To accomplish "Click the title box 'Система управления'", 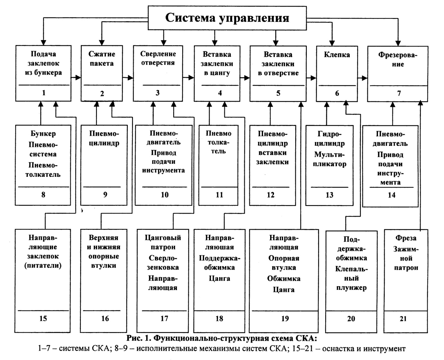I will point(227,18).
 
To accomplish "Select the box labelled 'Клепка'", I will point(337,73).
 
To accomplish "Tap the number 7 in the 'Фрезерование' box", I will point(399,93).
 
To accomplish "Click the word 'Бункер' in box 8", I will point(43,134).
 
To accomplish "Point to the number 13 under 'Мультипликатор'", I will point(329,195).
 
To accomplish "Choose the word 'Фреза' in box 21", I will point(406,238).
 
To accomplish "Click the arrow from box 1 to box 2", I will point(76,77).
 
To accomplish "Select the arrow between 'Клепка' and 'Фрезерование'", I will point(363,78).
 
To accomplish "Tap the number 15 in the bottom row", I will point(43,318).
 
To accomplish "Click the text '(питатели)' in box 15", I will point(43,266).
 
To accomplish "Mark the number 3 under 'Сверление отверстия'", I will point(157,93).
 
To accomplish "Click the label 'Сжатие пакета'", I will point(101,59).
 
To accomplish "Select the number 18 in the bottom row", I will point(219,318).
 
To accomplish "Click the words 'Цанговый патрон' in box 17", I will point(163,242).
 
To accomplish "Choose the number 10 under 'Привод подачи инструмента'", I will point(165,195).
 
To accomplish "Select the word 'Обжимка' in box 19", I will point(284,279).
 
